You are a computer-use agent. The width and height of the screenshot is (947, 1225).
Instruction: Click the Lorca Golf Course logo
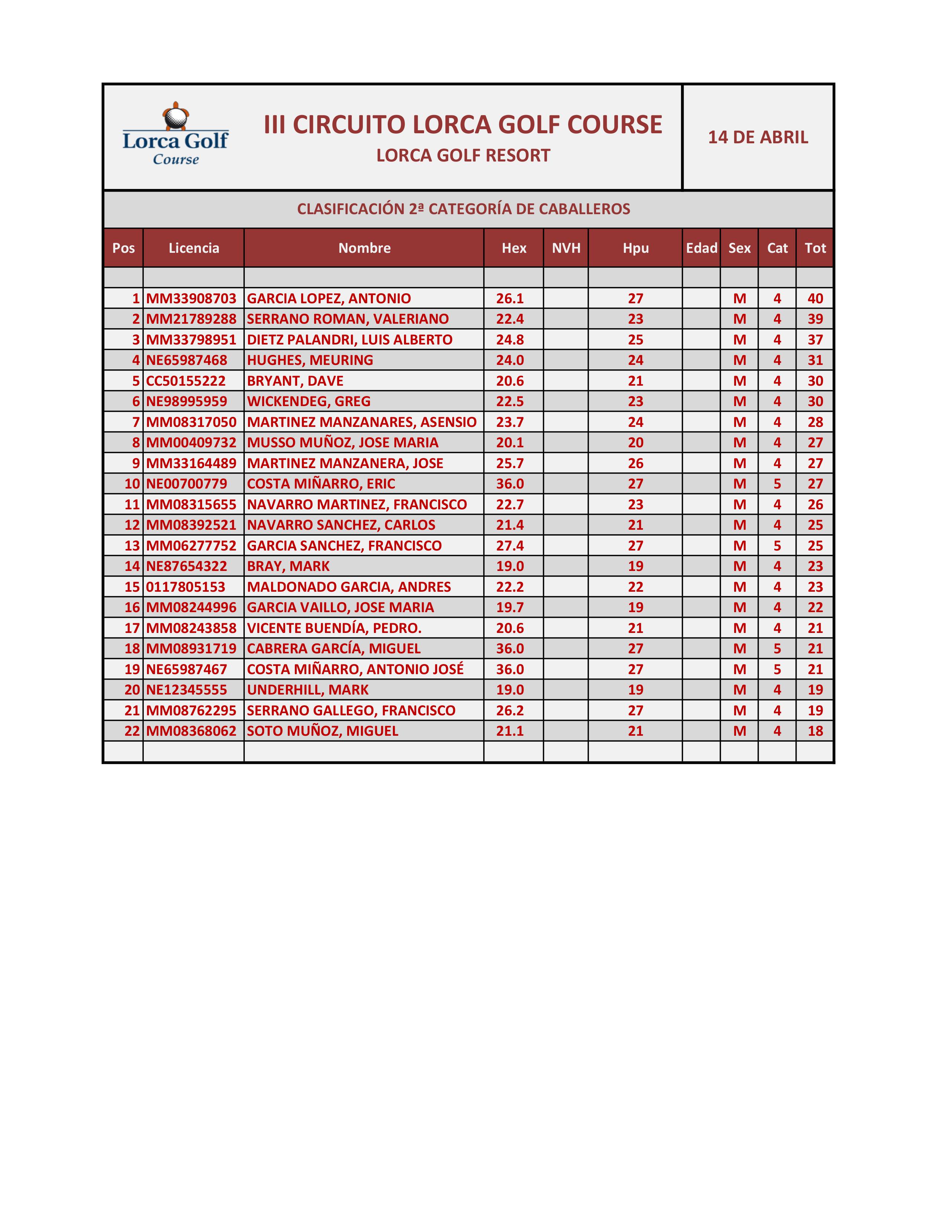point(176,135)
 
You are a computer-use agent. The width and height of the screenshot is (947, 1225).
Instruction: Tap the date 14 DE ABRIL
point(758,137)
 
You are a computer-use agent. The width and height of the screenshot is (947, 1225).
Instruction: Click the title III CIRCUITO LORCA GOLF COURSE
point(463,124)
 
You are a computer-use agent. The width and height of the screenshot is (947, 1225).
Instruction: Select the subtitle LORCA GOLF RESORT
point(463,156)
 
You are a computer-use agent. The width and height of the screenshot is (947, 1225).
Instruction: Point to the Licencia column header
point(193,248)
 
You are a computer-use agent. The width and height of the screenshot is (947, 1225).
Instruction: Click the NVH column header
point(566,248)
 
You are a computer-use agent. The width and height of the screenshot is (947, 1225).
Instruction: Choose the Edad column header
point(701,248)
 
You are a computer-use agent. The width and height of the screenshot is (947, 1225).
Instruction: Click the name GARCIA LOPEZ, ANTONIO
point(329,298)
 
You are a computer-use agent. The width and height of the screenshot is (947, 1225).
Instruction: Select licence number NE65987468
point(187,360)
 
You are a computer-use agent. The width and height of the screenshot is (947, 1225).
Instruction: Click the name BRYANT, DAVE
point(295,381)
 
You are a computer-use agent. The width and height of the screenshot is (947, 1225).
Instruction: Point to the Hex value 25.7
point(510,463)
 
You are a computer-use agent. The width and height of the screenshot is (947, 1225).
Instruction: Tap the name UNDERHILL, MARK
point(308,690)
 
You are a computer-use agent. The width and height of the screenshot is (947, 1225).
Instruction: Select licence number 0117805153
point(186,587)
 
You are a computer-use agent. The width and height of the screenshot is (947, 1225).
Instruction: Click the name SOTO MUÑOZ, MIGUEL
point(323,731)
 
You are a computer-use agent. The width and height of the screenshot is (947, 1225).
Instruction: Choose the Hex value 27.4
point(510,546)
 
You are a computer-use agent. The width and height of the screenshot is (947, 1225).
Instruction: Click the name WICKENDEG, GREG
point(309,402)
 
